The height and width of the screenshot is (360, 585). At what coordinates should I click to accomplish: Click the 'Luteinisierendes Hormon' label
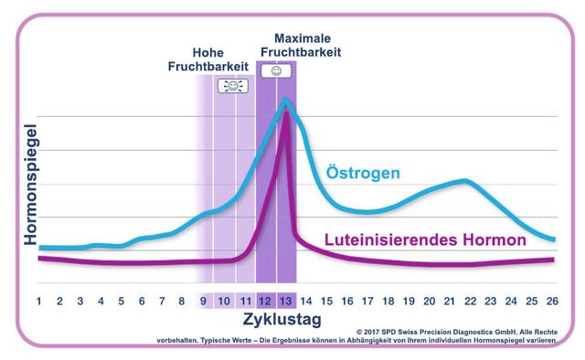click(x=425, y=240)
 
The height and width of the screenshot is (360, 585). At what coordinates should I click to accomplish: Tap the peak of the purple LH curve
click(x=286, y=111)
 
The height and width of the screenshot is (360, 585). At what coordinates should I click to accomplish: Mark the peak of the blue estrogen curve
click(x=286, y=100)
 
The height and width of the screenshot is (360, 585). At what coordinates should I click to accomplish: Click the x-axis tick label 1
click(x=39, y=300)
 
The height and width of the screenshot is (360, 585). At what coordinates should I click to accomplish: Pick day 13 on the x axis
click(x=286, y=300)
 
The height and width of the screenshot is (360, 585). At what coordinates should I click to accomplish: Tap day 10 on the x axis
click(x=225, y=300)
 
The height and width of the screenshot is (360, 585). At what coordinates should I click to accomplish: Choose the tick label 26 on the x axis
click(x=552, y=300)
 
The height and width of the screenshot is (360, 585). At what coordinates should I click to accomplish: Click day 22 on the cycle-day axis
click(x=470, y=300)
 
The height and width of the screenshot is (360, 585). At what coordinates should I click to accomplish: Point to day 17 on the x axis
click(x=367, y=300)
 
